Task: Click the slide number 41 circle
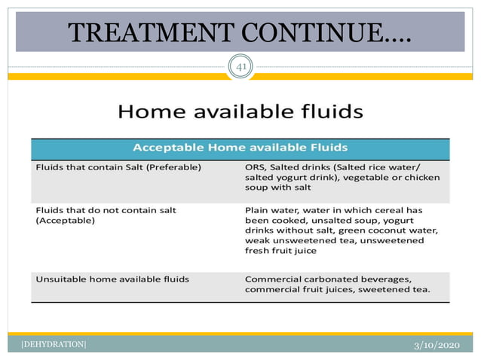point(241,68)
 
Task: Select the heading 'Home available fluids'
point(240,112)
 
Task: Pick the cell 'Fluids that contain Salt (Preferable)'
point(118,167)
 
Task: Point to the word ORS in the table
point(255,167)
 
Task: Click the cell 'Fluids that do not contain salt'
point(106,209)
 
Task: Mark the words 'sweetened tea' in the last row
point(397,290)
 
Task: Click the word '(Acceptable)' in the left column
point(66,221)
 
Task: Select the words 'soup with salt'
point(277,188)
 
